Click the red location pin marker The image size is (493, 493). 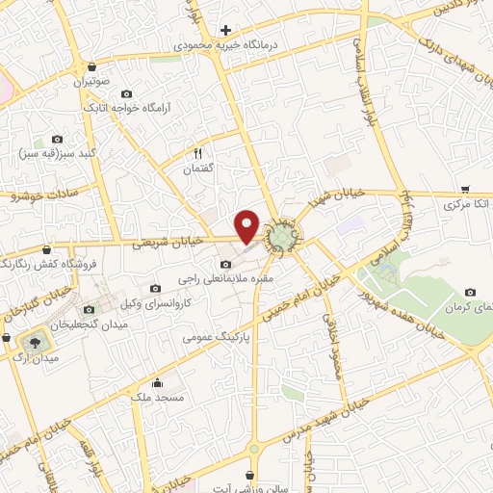[x=247, y=226]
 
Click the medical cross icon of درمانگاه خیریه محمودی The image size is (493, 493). [x=225, y=30]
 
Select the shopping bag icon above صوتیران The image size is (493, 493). [x=91, y=67]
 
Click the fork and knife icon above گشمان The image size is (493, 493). [x=198, y=153]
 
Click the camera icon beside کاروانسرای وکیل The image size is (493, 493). [x=156, y=288]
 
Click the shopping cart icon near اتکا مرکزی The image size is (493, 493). [x=465, y=190]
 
